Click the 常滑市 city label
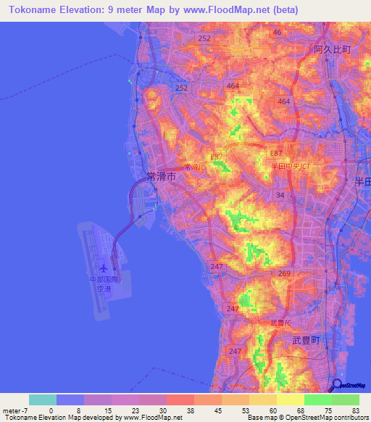click(x=160, y=175)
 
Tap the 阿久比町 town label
click(x=333, y=49)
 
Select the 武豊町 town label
click(x=305, y=339)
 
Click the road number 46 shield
click(x=276, y=33)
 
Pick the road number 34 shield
click(x=279, y=195)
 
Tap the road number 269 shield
click(x=284, y=273)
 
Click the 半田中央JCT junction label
click(x=285, y=166)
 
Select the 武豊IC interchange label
click(x=280, y=323)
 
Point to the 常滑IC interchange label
click(x=193, y=167)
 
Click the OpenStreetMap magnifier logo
click(x=337, y=386)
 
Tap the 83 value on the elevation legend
click(x=355, y=410)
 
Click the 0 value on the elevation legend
click(x=51, y=410)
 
